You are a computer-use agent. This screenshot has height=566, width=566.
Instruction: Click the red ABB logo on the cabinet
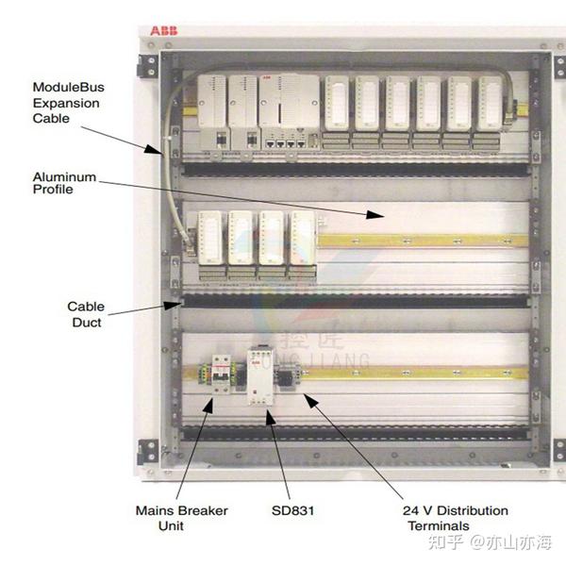coord(162,31)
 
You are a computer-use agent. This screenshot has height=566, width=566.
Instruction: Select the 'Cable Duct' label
coord(86,314)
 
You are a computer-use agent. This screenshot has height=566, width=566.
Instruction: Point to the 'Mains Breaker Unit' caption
coord(181,518)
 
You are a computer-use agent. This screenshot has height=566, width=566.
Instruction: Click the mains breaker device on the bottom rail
coord(221,375)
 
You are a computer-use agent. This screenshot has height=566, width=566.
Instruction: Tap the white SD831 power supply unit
coord(258,375)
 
